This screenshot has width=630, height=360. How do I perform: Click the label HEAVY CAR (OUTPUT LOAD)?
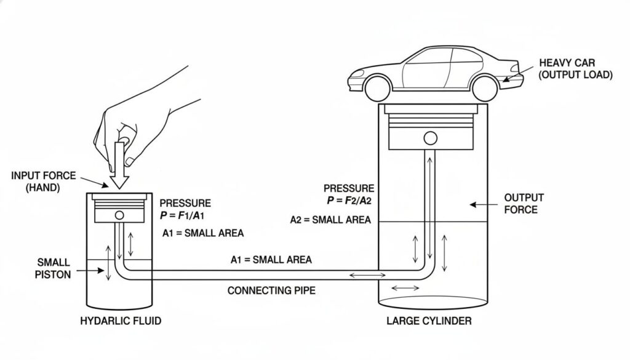pos(575,68)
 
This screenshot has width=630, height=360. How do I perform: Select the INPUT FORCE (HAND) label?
pos(43,182)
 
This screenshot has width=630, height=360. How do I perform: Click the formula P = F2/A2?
pos(348,201)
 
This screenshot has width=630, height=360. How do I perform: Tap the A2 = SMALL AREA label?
pos(330,220)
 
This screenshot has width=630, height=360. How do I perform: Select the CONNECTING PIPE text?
pos(271,290)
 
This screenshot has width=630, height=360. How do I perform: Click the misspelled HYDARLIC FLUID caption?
pos(121,321)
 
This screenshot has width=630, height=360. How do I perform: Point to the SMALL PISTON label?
pos(54,268)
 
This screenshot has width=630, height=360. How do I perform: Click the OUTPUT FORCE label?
pos(524,203)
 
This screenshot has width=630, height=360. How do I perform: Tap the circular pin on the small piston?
pos(119,215)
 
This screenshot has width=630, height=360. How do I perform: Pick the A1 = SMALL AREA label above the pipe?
pos(271,260)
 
